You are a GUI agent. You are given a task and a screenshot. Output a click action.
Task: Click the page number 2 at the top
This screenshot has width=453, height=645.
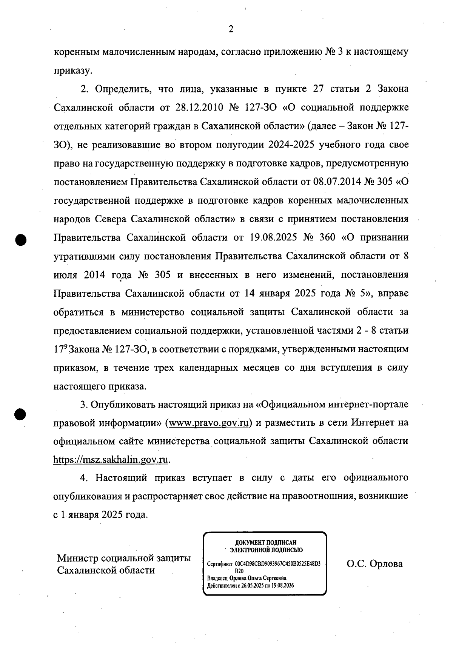pyautogui.click(x=231, y=29)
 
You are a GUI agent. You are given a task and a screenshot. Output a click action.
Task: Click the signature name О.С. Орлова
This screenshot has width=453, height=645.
pyautogui.click(x=374, y=564)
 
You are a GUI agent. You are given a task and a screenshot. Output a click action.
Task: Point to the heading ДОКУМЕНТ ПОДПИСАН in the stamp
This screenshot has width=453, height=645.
pyautogui.click(x=266, y=543)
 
